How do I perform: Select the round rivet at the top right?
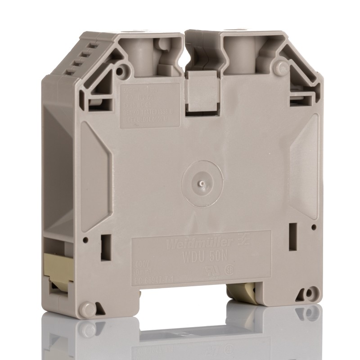tap(282, 68)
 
